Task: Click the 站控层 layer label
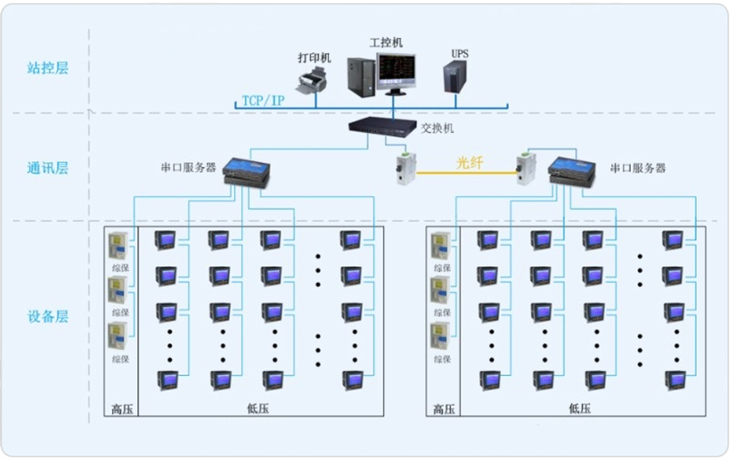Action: pos(48,68)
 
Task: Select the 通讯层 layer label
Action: pos(48,168)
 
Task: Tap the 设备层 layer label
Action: pos(48,316)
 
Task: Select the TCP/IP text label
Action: pos(263,101)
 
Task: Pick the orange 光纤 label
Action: pos(468,162)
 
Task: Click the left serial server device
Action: pos(247,171)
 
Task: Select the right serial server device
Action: pos(572,170)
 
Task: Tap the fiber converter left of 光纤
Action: pos(404,170)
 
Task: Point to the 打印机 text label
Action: pos(314,58)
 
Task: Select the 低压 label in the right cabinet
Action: pos(579,409)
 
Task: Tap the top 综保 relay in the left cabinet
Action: pos(119,245)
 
